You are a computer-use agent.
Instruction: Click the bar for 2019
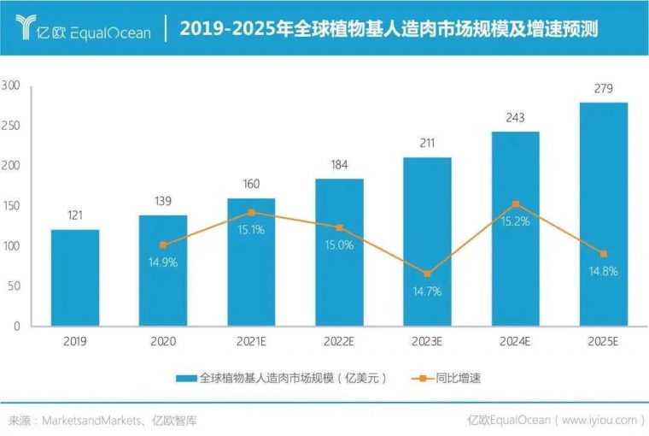75,278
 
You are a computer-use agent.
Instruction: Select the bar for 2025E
604,214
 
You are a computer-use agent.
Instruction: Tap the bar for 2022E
339,252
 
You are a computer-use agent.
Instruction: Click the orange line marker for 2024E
516,204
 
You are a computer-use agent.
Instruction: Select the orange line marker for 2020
163,245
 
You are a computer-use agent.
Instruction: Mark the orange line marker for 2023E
427,274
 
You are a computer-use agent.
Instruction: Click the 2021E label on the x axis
251,341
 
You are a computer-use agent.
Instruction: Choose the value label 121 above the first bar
75,216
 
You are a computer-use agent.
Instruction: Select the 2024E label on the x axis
516,341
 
